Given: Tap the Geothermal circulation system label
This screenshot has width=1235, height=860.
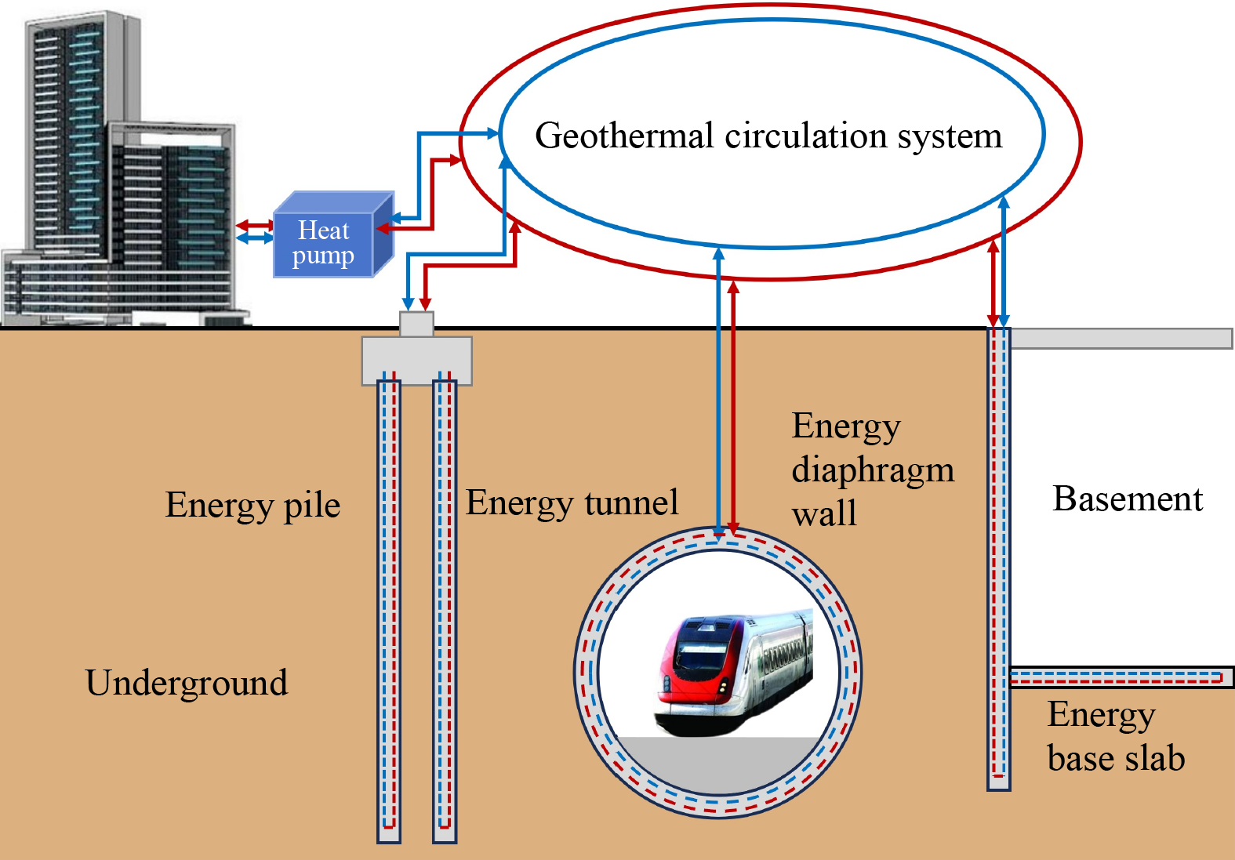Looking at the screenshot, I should click(768, 136).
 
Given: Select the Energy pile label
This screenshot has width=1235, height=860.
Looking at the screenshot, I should click(252, 506).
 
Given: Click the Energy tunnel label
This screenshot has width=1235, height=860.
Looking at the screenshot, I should click(572, 503).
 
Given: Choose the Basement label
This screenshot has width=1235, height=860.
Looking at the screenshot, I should click(1127, 499).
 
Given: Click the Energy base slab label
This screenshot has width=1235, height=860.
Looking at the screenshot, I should click(1114, 737).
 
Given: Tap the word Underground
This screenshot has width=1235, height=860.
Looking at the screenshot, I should click(187, 683).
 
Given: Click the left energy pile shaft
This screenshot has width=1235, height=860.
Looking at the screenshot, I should click(389, 611).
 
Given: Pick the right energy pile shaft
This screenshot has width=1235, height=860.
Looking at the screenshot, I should click(445, 611).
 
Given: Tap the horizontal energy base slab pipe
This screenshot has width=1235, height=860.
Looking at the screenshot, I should click(1117, 677).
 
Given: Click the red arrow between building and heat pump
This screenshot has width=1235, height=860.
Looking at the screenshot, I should click(255, 226).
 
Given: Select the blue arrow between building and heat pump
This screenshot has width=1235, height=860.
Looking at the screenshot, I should click(255, 237).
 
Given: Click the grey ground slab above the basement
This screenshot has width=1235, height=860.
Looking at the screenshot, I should click(1121, 339).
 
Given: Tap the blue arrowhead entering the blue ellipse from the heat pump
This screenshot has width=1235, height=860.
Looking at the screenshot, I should click(493, 133).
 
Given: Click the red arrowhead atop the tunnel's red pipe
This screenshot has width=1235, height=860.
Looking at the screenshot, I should click(733, 287).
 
